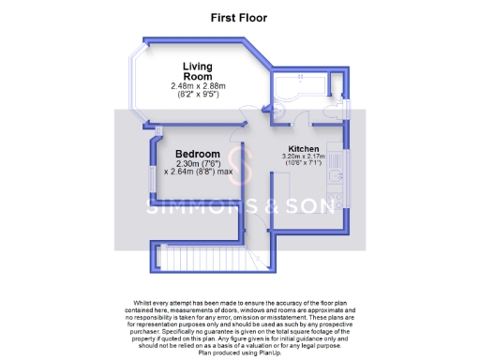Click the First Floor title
pyautogui.click(x=239, y=17)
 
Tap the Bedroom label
pyautogui.click(x=198, y=154)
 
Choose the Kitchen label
pyautogui.click(x=303, y=149)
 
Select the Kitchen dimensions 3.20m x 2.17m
pyautogui.click(x=303, y=157)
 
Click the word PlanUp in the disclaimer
pyautogui.click(x=262, y=353)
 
